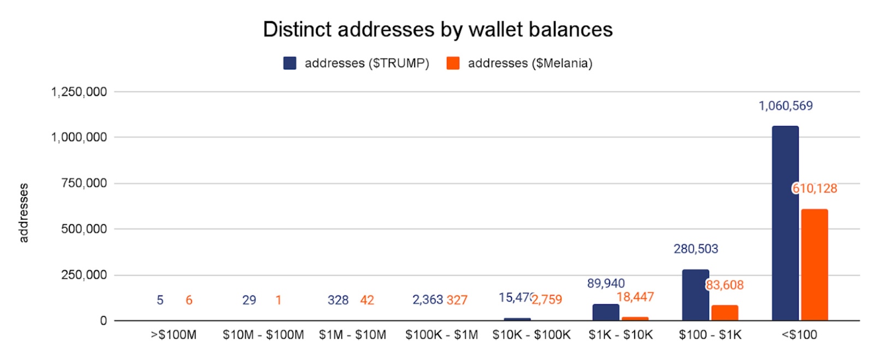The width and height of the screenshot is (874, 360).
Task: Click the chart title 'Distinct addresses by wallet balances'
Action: tap(438, 29)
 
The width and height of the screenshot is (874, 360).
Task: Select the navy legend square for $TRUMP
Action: tap(290, 63)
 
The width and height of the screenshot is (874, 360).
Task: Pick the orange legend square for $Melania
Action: tap(453, 63)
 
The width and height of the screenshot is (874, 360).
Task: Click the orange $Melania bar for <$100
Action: tap(814, 264)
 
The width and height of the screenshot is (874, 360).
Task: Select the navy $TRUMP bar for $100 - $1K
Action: tap(695, 295)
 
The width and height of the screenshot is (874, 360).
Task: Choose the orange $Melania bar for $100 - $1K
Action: tap(725, 312)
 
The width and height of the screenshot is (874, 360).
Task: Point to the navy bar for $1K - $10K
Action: tap(606, 312)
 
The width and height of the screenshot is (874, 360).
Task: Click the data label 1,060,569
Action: tap(786, 106)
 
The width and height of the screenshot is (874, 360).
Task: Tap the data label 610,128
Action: tap(814, 188)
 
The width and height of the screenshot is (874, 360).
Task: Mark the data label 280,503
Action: tap(695, 249)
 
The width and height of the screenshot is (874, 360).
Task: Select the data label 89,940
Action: tap(606, 284)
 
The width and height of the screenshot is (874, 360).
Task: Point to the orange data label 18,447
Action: tap(635, 297)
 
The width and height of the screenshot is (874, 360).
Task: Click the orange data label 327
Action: tap(457, 300)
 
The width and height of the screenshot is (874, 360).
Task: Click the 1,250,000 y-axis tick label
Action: tap(79, 92)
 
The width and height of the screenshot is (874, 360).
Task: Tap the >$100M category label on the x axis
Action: tap(174, 335)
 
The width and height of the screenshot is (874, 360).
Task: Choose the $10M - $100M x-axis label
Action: tap(263, 335)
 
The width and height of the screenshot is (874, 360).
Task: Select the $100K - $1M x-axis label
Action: tap(441, 335)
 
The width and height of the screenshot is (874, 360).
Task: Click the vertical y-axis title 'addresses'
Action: tap(23, 213)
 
